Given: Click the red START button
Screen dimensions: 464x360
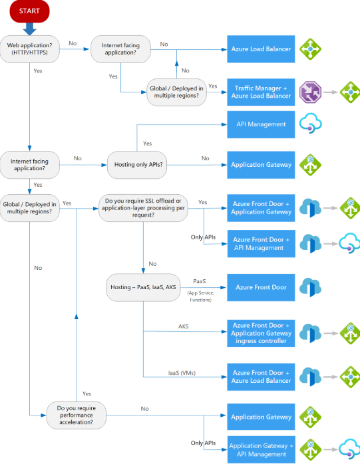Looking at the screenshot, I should tap(29, 11).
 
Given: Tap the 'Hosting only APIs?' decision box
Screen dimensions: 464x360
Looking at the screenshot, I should tap(137, 164).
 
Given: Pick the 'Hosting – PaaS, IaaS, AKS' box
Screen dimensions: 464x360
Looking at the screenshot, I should tap(142, 288).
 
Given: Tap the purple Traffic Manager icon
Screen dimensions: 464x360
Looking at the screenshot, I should tap(310, 92).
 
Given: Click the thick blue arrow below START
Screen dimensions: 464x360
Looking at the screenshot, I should tap(29, 28).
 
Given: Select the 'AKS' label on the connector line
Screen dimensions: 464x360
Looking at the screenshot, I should tap(183, 326).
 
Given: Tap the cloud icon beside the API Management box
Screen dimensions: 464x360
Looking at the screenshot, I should tap(311, 124).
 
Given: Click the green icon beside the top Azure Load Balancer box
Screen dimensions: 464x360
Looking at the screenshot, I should tap(311, 49).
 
